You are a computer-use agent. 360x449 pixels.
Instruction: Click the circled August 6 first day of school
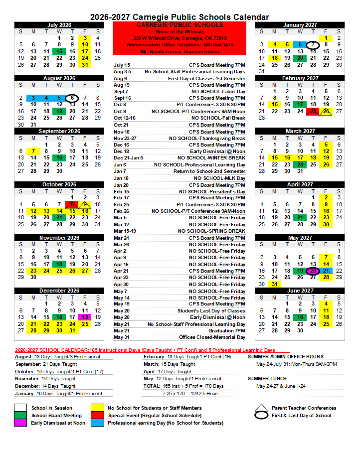click(x=72, y=98)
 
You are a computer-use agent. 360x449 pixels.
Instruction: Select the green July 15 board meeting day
click(x=59, y=51)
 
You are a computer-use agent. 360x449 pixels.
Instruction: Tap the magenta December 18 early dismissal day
click(x=85, y=317)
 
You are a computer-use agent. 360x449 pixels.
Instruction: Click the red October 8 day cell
click(x=72, y=204)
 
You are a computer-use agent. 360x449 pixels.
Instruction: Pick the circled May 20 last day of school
click(x=313, y=271)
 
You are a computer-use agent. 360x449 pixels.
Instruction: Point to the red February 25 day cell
click(x=313, y=111)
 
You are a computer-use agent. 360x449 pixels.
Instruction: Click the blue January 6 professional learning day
click(x=300, y=45)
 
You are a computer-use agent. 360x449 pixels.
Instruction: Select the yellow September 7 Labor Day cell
click(x=33, y=151)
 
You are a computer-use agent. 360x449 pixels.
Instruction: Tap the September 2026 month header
click(x=59, y=131)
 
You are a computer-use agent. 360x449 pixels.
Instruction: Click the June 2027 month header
click(x=300, y=291)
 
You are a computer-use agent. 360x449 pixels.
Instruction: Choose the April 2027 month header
click(x=300, y=184)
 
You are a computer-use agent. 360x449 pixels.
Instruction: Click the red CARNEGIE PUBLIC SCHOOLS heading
click(x=180, y=25)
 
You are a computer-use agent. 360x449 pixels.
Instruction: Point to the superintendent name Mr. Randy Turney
click(x=180, y=51)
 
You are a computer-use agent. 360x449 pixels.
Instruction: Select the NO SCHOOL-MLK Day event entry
click(x=219, y=178)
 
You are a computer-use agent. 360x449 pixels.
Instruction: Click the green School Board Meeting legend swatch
click(x=21, y=415)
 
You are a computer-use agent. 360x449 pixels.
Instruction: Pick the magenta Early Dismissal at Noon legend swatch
click(x=21, y=423)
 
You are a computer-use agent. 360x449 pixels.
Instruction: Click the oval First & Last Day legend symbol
click(x=261, y=416)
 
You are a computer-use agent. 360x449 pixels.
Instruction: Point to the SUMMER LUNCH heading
click(x=264, y=379)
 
